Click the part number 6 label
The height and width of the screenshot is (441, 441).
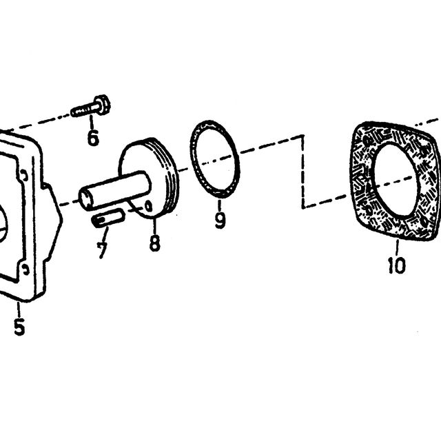pos(93,138)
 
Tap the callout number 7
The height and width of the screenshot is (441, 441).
pos(102,250)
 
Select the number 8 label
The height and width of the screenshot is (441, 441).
pos(154,243)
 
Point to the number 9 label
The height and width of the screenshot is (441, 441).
pos(220,220)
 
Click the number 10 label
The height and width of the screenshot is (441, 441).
pos(397,265)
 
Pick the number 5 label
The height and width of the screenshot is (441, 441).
pos(19,326)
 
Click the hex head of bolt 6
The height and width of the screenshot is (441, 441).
pos(103,105)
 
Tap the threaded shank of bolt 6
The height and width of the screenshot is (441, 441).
pos(84,110)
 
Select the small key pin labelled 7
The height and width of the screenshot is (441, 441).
pos(107,219)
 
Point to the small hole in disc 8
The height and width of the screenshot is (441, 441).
pos(148,207)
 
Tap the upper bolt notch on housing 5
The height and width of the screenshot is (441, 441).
pos(25,176)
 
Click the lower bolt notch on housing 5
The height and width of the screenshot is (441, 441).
pos(25,269)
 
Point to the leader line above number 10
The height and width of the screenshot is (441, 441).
pos(397,247)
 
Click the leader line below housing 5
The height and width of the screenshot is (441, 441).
pos(19,309)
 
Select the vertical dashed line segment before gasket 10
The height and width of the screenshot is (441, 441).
pos(303,172)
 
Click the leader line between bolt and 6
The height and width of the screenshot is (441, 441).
pos(92,122)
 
